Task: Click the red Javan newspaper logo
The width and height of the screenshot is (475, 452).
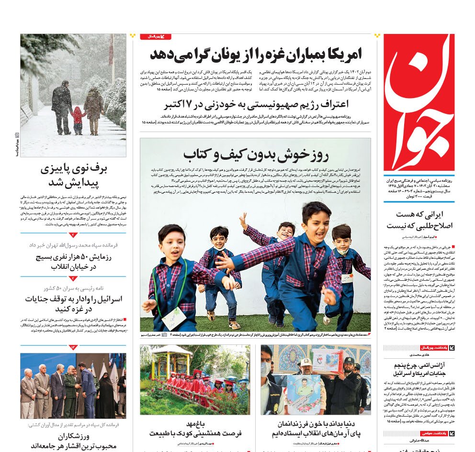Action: point(419,102)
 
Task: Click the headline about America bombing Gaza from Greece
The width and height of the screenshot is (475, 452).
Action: point(256,54)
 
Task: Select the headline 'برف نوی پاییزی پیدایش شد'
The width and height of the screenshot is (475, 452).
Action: point(73,176)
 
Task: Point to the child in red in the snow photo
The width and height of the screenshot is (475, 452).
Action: point(77,120)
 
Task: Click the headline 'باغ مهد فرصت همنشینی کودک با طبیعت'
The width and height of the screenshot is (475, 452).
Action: point(195,429)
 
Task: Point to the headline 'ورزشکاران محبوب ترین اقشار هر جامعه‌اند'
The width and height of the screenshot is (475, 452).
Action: point(73,441)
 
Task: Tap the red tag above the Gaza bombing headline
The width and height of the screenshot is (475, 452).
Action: point(156,36)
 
